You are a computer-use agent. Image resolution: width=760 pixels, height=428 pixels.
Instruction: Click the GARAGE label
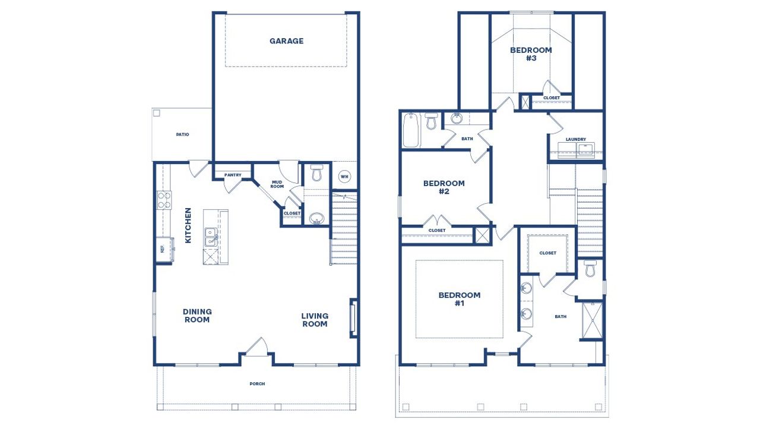[x=286, y=41]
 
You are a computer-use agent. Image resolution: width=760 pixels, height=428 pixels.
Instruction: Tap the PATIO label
[x=182, y=134]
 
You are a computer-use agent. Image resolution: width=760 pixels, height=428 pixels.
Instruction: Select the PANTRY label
[x=233, y=175]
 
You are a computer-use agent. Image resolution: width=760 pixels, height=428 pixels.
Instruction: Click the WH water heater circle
[x=344, y=176]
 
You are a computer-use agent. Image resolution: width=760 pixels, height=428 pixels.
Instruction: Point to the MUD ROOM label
[x=277, y=184]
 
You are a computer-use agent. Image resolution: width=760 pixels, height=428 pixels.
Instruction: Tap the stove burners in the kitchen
[x=164, y=200]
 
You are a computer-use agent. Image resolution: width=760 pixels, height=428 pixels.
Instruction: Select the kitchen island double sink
[x=210, y=238]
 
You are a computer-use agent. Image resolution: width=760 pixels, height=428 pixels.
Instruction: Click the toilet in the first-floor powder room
[x=316, y=174]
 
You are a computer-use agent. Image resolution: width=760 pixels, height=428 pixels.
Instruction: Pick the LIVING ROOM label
[x=315, y=320]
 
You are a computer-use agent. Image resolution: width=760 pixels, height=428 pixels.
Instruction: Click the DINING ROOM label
[x=197, y=316]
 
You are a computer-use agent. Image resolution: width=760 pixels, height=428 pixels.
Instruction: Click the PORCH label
[x=257, y=384]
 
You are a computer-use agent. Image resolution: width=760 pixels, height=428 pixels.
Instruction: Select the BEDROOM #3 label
[x=531, y=54]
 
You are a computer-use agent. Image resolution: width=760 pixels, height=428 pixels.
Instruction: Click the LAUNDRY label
[x=575, y=140]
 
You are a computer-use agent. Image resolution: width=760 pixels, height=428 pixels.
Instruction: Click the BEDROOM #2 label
[x=444, y=187]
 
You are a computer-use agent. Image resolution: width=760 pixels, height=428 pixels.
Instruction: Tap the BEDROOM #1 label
[x=460, y=299]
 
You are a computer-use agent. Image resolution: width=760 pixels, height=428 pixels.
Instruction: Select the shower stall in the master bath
[x=592, y=320]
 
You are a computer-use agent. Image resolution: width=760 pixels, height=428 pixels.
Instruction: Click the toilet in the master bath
[x=590, y=269]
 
